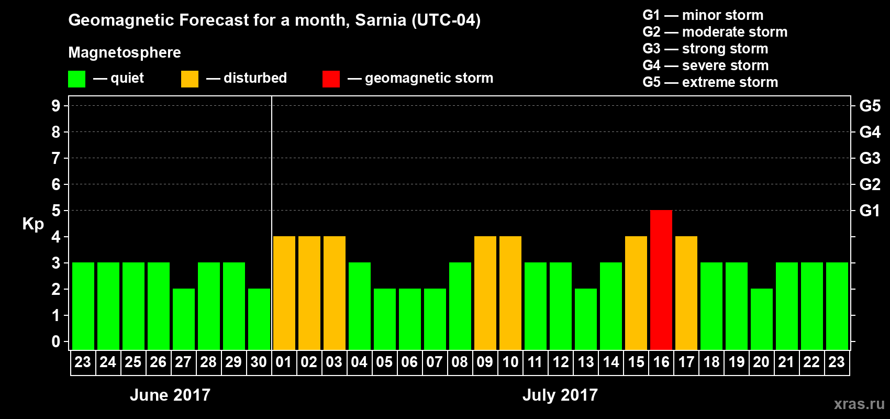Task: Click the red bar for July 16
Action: (661, 280)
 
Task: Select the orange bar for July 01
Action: (284, 293)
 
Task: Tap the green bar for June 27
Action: (184, 319)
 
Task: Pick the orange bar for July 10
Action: (510, 293)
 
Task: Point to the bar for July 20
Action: (762, 319)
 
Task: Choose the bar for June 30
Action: (259, 319)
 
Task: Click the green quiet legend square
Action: (77, 79)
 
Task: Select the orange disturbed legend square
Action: (190, 79)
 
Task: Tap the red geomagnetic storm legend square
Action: (331, 79)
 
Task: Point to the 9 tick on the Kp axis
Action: (56, 106)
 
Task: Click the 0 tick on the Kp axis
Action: (56, 342)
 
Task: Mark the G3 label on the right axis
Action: (870, 158)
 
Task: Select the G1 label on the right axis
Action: (870, 211)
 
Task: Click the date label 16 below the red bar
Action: (661, 362)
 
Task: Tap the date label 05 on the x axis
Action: (384, 362)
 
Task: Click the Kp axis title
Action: (33, 224)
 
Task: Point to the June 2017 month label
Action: (170, 395)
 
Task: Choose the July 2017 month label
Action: (560, 395)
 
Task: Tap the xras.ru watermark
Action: (859, 404)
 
